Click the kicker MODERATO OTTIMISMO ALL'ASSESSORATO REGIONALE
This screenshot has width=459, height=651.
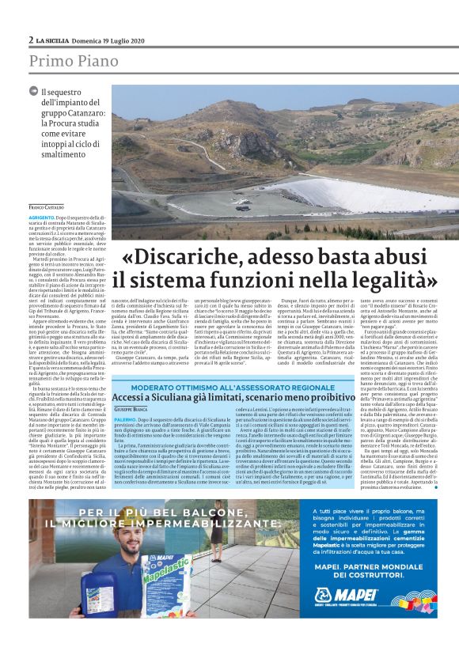240,387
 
